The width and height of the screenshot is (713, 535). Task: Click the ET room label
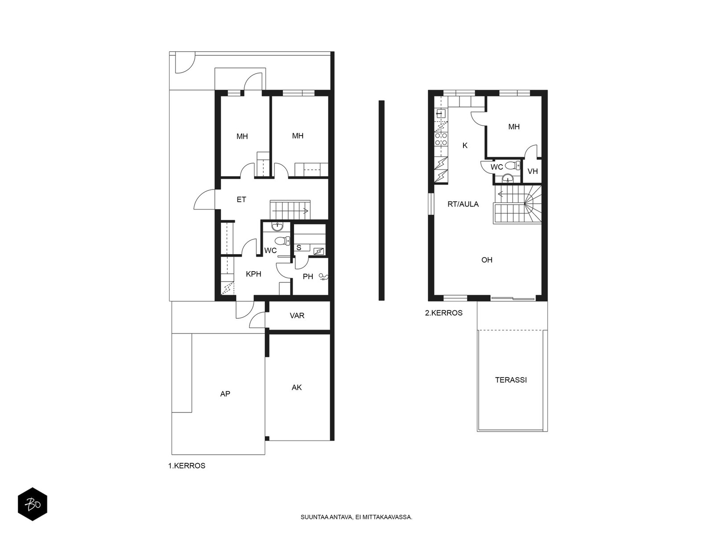[242, 199]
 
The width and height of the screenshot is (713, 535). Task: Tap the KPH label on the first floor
[254, 274]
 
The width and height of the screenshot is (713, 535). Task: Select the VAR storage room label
[297, 315]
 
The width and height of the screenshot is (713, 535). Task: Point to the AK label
[297, 387]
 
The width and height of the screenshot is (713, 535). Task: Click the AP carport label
[225, 394]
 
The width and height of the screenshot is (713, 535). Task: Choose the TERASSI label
[511, 380]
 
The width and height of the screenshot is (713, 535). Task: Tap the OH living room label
[487, 259]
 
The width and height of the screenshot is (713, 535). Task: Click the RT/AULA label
[463, 204]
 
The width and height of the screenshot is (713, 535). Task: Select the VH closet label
[533, 171]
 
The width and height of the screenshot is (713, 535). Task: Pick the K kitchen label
[465, 145]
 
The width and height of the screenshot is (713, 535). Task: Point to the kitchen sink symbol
[441, 114]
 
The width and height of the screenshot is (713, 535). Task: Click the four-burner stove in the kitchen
[441, 139]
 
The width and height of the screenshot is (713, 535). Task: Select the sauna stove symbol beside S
[319, 251]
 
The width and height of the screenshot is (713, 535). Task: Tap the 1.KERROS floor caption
[186, 466]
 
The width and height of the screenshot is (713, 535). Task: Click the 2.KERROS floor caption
[444, 313]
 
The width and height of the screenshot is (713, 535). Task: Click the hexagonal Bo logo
[33, 504]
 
